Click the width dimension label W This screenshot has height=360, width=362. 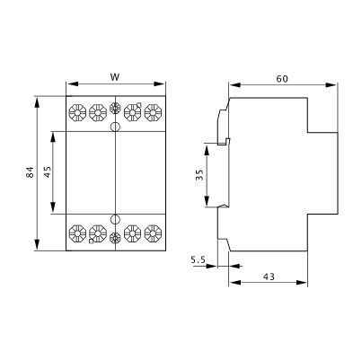coord(116,77)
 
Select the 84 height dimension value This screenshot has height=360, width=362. coord(29,172)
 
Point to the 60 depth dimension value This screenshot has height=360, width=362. coord(281,78)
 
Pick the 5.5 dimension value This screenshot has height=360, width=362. coord(199,260)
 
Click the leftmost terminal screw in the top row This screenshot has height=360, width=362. coord(76,113)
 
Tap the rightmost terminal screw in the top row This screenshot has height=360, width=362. coord(153,113)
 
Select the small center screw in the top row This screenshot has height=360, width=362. coord(115,112)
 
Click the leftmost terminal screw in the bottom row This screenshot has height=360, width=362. coord(76,236)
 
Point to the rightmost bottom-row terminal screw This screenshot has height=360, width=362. coord(153,236)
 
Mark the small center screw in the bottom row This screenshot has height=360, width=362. coord(115,238)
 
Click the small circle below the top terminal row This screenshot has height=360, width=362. coord(115,128)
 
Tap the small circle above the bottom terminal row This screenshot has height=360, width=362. coord(115,219)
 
